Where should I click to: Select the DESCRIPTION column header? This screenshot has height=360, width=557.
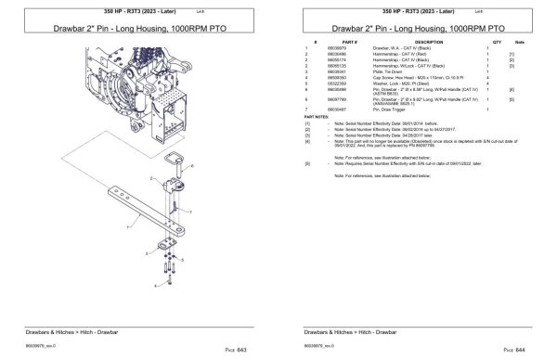[429, 43]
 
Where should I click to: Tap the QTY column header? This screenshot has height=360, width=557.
[497, 43]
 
